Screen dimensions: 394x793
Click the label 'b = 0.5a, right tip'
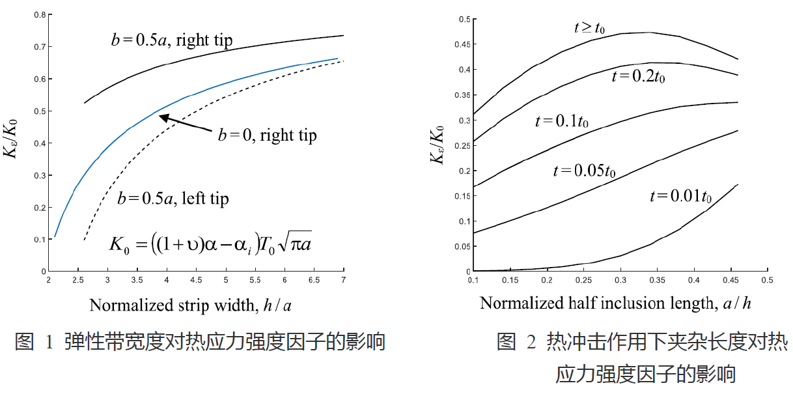click(x=172, y=41)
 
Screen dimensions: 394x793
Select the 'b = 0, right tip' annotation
click(x=267, y=135)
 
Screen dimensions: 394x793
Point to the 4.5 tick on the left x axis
click(x=196, y=280)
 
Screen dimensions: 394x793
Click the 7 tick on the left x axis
click(x=343, y=280)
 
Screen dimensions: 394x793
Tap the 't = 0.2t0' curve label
click(x=639, y=76)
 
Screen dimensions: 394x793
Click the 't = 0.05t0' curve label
click(x=584, y=171)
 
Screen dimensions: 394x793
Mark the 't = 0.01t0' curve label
click(x=680, y=196)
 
